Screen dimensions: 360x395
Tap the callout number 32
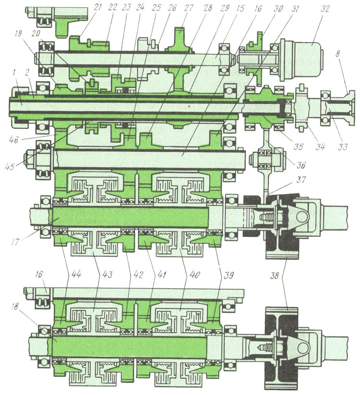325,8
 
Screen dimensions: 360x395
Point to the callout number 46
13,139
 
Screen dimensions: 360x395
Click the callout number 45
10,166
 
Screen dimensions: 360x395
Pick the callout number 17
15,241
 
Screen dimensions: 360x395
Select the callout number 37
300,180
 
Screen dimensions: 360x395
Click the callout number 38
275,275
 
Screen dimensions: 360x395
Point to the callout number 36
300,165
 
